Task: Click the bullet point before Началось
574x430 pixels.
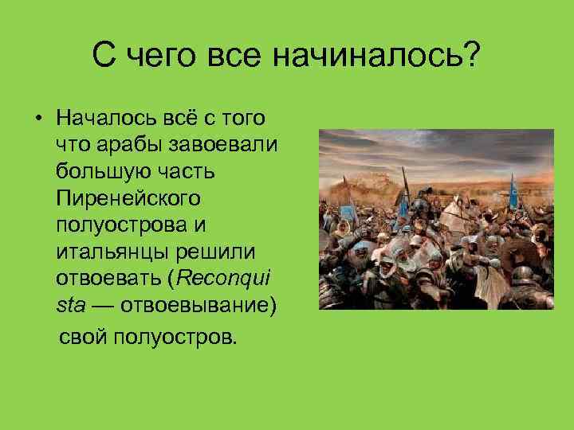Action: (x=37, y=119)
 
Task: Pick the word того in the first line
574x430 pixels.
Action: (x=242, y=119)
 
